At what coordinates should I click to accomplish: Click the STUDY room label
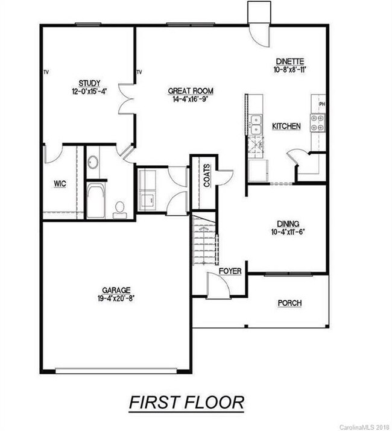tap(89, 83)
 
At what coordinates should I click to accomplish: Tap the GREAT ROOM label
tap(191, 91)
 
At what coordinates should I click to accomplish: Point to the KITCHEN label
tap(286, 127)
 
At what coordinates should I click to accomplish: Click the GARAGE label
tap(116, 289)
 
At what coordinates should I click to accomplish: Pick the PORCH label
tap(289, 303)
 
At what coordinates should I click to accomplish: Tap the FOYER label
tap(230, 271)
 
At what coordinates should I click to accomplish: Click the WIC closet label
tap(60, 183)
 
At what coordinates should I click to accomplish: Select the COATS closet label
tap(207, 175)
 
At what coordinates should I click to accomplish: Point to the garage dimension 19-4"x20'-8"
tap(116, 298)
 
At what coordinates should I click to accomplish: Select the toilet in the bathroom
tap(120, 209)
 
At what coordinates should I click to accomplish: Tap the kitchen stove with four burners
tap(317, 123)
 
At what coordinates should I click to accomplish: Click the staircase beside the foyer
tap(206, 241)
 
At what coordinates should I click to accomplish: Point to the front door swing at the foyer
tap(218, 286)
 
